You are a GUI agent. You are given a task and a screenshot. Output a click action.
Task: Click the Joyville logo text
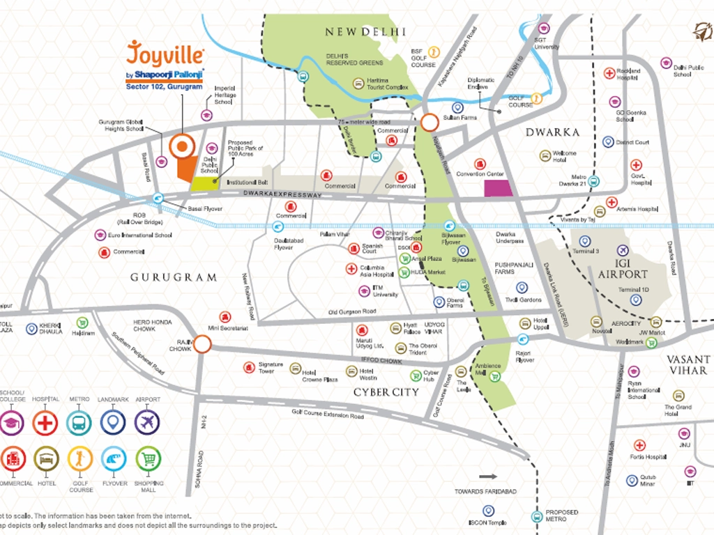[165, 54]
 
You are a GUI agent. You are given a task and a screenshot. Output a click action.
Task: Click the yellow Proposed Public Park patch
[204, 183]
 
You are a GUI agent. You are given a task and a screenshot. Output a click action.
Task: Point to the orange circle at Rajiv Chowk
[202, 344]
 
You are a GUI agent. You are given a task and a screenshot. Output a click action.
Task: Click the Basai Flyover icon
[160, 199]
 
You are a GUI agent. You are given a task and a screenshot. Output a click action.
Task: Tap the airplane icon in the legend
[147, 422]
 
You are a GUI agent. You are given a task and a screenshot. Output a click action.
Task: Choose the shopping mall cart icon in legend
[147, 458]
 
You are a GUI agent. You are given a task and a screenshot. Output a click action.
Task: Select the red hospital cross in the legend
[46, 422]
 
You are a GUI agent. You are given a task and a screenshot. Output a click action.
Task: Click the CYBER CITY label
[386, 392]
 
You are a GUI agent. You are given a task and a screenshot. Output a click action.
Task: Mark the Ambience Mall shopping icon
[496, 377]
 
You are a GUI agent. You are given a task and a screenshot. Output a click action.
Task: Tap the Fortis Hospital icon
[639, 445]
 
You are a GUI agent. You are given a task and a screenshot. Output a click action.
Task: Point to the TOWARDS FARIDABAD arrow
[489, 477]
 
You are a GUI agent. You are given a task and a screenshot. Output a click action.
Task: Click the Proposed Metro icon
[536, 516]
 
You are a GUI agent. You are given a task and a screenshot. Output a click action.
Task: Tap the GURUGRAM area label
[174, 277]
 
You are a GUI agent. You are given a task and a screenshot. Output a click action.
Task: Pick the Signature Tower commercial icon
[249, 367]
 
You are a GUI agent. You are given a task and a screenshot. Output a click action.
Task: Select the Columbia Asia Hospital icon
[351, 268]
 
